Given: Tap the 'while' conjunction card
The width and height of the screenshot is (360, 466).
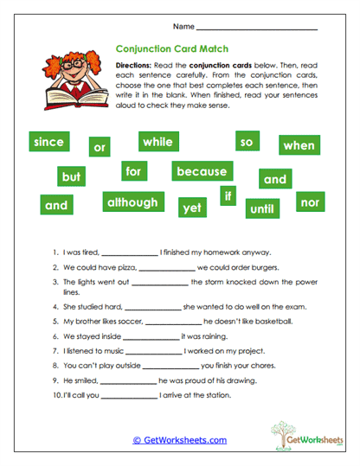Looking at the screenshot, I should [x=158, y=141].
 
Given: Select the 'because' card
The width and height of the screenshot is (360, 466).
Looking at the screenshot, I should [x=201, y=171].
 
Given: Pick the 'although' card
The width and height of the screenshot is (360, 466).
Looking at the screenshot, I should [x=132, y=202].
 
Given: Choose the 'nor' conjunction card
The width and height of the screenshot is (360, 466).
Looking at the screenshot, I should [x=309, y=201].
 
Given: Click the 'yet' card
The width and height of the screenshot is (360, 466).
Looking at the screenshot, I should [x=191, y=207].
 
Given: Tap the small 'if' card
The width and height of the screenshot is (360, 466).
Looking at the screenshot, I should [x=228, y=196].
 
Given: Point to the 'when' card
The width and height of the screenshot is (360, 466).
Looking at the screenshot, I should [x=299, y=145].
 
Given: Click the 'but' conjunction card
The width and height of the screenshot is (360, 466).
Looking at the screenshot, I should [x=71, y=176].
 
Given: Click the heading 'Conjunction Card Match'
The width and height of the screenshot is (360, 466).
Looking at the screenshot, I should [x=171, y=49].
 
